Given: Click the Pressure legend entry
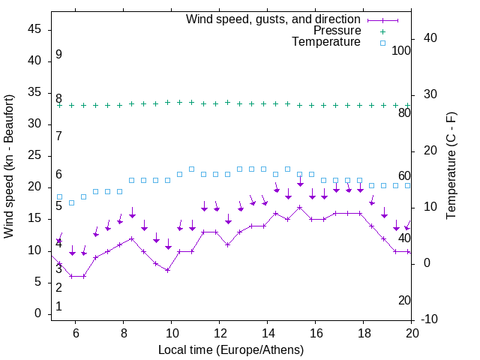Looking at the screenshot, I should [x=337, y=31].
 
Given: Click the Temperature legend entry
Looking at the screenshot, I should [x=326, y=43].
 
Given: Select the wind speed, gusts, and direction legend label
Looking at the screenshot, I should [x=274, y=19].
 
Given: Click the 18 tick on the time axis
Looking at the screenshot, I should [x=363, y=333].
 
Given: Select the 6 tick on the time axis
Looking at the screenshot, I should [x=76, y=333].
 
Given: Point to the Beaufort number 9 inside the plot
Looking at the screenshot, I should [x=58, y=55].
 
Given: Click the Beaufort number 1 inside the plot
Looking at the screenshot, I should [x=58, y=307].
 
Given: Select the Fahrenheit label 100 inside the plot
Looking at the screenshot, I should [x=401, y=50].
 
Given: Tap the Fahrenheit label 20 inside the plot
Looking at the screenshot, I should [x=404, y=300].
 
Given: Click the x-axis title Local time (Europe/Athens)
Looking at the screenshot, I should [x=232, y=349].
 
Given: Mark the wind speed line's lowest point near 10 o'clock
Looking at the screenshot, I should [x=168, y=269].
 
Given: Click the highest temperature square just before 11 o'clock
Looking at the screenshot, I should [x=192, y=169].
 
